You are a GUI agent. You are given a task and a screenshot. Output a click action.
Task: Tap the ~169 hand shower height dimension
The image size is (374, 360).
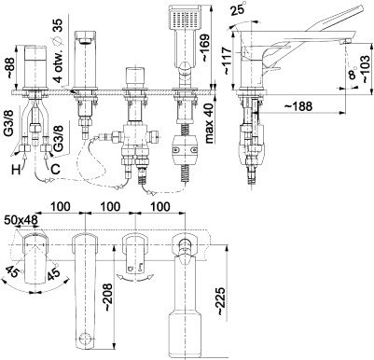205,48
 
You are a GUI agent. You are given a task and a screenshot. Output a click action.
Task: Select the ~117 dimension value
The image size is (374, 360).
227,61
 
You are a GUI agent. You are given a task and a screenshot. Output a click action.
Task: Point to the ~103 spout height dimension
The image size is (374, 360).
364,69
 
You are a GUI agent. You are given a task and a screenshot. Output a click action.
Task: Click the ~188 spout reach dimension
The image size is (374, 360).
298,106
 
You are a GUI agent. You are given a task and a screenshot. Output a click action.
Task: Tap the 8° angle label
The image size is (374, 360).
352,74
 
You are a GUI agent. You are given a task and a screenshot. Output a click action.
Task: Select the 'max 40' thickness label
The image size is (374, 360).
210,123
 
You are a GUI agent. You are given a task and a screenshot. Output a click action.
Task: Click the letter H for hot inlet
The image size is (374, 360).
17,170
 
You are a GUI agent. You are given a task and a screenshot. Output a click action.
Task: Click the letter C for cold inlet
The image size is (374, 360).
55,169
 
